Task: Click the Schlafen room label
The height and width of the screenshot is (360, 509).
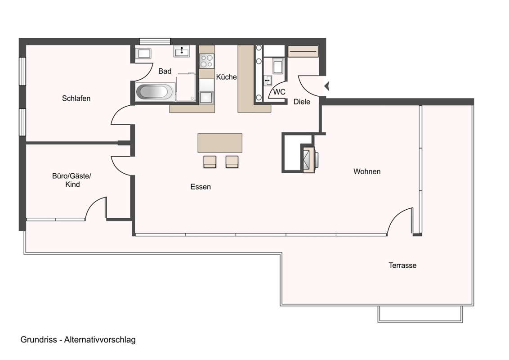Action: (76, 98)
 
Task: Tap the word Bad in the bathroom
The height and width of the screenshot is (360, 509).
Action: (165, 71)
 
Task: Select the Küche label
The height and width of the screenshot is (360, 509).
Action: (226, 77)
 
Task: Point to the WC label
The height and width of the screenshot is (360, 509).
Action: (279, 92)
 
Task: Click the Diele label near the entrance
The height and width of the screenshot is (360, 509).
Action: (302, 102)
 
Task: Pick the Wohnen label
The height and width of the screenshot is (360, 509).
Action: (367, 171)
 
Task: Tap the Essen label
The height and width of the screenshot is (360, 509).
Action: (201, 186)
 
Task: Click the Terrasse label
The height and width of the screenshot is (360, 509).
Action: (402, 265)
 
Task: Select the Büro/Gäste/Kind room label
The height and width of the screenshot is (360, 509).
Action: (72, 180)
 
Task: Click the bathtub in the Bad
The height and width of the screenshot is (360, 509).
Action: (155, 92)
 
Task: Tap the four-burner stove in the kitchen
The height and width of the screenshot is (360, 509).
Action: (207, 61)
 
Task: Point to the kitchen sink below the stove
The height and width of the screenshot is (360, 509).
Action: (206, 98)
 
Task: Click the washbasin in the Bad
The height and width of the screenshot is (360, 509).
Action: (182, 51)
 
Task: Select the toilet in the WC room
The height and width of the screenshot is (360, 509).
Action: (278, 66)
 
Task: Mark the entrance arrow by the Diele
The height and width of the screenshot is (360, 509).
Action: (327, 86)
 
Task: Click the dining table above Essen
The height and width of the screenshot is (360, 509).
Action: (220, 143)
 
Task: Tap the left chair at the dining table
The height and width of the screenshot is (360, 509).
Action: (210, 162)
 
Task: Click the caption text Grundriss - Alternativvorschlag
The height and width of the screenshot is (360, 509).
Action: (78, 340)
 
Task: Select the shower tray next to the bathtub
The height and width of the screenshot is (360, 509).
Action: (186, 87)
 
